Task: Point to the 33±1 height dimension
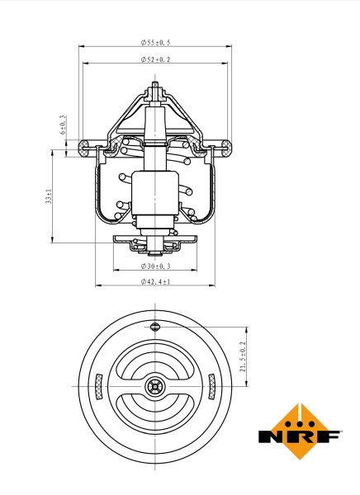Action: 49,196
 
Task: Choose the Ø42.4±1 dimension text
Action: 155,282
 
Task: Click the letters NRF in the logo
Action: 288,436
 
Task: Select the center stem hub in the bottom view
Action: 155,385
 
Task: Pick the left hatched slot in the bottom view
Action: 100,384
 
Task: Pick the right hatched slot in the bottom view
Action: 211,384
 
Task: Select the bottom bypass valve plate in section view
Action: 155,239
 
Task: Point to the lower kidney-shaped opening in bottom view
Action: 155,410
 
